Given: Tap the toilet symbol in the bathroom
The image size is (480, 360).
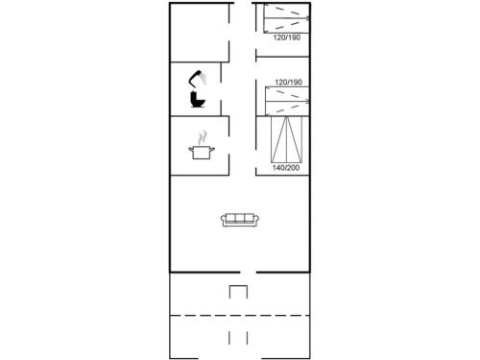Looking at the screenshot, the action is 197,99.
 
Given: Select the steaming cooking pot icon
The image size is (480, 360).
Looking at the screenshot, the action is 202,146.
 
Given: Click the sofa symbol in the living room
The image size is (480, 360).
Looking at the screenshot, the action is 240,220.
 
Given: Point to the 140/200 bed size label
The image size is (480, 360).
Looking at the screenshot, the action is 286,168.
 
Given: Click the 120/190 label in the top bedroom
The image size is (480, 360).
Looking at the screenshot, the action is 287,37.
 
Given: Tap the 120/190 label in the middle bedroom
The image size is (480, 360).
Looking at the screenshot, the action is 288,83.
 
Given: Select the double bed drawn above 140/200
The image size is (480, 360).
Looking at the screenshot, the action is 286,139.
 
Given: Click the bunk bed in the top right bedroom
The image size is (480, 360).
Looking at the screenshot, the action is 287,18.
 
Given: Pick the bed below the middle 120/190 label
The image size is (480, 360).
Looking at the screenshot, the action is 287,101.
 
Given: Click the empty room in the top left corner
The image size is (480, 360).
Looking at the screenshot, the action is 200,33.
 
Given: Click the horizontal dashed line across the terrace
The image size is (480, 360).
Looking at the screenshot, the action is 240,316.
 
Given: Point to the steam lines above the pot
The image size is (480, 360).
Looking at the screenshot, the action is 202,137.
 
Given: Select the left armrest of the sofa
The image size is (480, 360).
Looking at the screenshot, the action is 224,220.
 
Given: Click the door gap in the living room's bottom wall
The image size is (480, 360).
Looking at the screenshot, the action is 248,273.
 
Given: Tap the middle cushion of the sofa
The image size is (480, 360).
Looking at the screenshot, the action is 240,218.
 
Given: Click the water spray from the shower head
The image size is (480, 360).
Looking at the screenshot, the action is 203,78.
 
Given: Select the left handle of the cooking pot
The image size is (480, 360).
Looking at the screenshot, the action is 191,149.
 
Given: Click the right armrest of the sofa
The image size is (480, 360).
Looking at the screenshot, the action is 256,220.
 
